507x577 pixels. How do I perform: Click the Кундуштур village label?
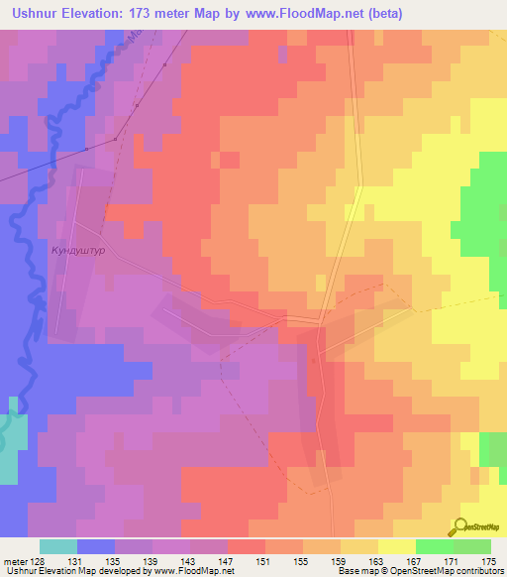point(76,252)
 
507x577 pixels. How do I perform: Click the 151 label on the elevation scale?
point(263,561)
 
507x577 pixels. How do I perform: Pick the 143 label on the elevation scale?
point(189,561)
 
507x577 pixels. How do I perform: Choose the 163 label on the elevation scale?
point(373,561)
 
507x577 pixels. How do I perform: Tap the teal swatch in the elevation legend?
point(58,546)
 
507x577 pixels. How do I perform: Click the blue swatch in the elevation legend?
point(96,546)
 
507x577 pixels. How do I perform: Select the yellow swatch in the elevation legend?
point(396,546)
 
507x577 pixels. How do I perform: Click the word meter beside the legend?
point(16,561)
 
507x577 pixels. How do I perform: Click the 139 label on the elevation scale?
point(152,561)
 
